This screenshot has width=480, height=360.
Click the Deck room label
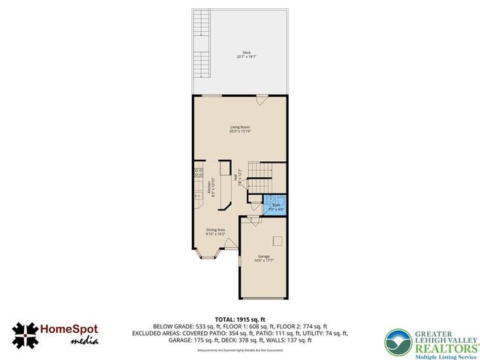[x=240, y=54]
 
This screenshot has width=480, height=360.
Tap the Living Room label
[x=240, y=130]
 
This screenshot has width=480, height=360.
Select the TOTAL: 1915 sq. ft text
[x=240, y=319]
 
